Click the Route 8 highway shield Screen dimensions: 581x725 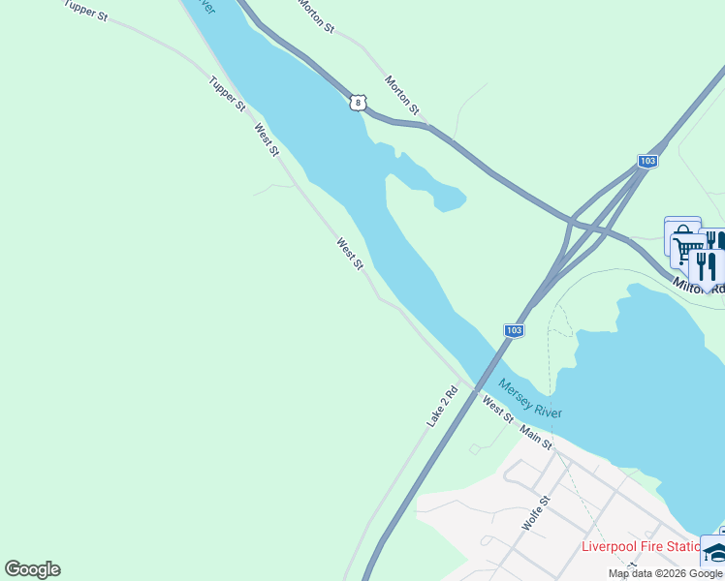(x=358, y=102)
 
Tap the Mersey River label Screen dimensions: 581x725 (x=531, y=398)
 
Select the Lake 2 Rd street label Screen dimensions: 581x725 (x=442, y=408)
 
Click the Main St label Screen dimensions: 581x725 (x=535, y=437)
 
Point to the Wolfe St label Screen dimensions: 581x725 (x=536, y=513)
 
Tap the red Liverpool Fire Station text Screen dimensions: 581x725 (x=641, y=546)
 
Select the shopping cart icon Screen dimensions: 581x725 (x=687, y=251)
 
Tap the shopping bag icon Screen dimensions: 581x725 (x=681, y=232)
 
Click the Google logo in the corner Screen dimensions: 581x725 (x=32, y=569)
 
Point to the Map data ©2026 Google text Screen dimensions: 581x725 (x=665, y=573)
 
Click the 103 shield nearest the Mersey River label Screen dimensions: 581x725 (x=514, y=331)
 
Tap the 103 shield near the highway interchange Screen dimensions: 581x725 (x=648, y=161)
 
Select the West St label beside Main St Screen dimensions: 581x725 (x=497, y=411)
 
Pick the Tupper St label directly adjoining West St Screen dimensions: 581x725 (x=227, y=94)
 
